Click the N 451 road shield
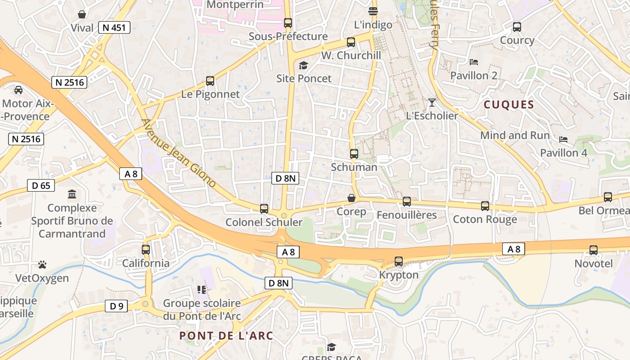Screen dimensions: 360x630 (114, 28)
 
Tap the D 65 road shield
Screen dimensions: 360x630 (41, 185)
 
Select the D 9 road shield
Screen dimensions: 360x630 (117, 306)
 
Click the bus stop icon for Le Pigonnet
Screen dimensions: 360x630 (210, 81)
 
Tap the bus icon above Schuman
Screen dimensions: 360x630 (354, 154)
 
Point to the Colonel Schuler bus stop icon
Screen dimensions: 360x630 (264, 209)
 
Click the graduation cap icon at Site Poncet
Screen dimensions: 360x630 (303, 66)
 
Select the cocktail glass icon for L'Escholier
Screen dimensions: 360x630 (432, 102)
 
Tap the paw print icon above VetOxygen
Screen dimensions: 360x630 (42, 265)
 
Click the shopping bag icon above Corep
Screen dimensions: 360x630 (351, 198)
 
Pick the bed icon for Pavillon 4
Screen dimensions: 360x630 (563, 139)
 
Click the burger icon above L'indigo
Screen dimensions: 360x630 (373, 11)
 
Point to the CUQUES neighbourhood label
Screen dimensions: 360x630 (508, 105)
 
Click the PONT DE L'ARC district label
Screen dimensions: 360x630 (226, 336)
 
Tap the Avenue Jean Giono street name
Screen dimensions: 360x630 (179, 153)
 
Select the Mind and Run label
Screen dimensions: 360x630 (515, 135)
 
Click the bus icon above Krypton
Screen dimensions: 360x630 (399, 261)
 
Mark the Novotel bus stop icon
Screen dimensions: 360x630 (594, 250)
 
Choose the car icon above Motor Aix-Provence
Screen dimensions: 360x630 (18, 90)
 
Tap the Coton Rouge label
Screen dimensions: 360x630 (485, 220)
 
